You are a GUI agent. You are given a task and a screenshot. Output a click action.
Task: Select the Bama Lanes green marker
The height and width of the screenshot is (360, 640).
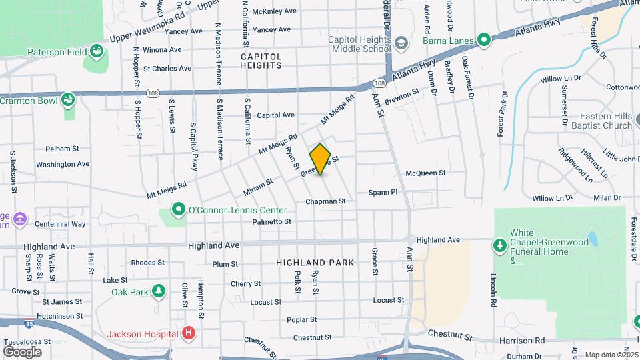[484, 40]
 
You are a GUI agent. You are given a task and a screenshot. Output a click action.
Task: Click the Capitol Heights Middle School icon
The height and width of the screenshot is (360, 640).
[401, 44]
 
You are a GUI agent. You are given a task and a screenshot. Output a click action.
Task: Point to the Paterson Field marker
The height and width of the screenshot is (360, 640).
[96, 50]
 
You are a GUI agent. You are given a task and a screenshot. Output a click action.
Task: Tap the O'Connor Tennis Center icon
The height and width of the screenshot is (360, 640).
[178, 210]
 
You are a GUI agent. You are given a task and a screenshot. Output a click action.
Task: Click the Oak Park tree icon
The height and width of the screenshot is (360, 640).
[158, 291]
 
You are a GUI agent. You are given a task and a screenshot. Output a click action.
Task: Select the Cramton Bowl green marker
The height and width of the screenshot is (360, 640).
[67, 100]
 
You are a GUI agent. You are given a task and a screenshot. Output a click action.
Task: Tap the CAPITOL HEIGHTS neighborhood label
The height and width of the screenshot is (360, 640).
[261, 61]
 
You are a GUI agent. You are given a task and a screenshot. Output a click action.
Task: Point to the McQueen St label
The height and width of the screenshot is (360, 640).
[425, 173]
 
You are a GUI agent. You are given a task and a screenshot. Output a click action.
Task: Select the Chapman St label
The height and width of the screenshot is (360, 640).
[325, 201]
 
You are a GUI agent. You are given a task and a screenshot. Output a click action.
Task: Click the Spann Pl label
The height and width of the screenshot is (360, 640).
[383, 192]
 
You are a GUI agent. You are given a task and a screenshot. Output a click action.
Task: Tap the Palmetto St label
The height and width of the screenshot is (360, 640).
[272, 221]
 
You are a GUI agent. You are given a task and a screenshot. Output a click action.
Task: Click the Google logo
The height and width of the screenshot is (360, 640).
[22, 351]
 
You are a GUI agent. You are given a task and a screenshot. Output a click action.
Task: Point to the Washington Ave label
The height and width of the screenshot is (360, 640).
[63, 164]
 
